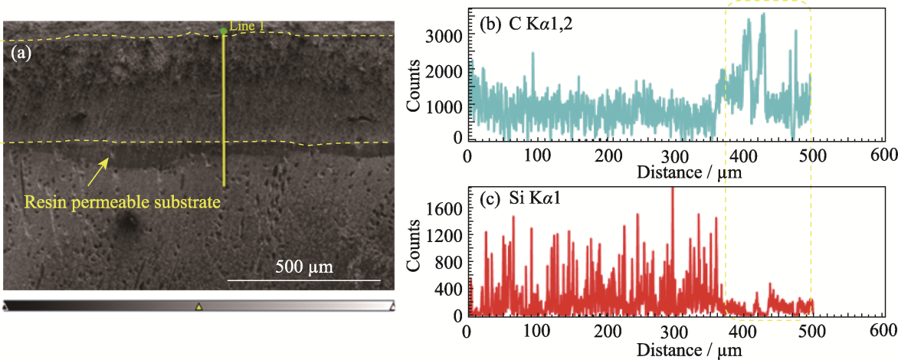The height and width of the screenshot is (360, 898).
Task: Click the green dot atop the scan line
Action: tap(224, 31)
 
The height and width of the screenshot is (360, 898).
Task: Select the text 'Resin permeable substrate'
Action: tap(123, 203)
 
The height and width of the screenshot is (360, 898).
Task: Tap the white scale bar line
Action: tap(303, 280)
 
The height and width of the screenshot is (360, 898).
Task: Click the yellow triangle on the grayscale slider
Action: tap(198, 306)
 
